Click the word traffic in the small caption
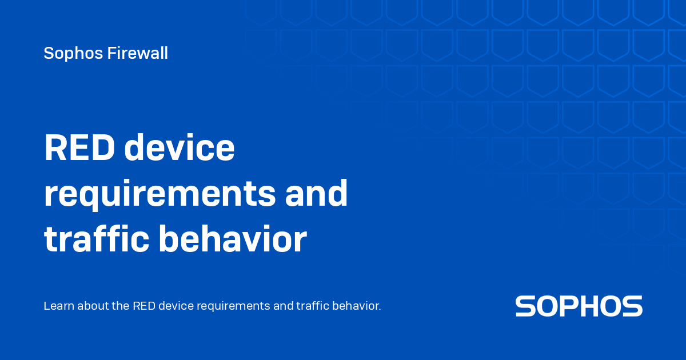[312, 306]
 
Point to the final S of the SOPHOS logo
[632, 306]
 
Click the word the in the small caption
[121, 306]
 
